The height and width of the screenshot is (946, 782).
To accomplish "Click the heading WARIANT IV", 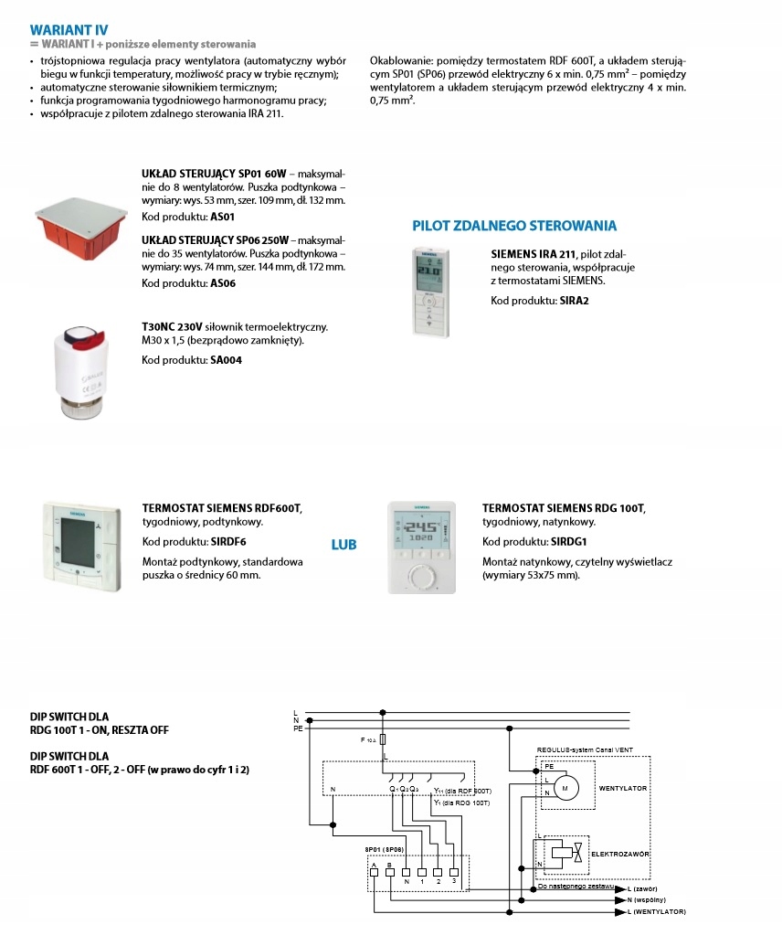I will click(x=69, y=28).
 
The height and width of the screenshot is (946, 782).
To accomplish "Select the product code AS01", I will click(x=224, y=218).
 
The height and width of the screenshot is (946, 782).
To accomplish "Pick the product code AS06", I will click(x=224, y=283).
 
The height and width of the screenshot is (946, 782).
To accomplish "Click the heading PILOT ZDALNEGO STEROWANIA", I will click(x=514, y=226).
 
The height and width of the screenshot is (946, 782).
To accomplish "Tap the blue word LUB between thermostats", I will click(x=343, y=545).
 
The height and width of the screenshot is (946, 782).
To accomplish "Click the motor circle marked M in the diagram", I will click(x=563, y=786).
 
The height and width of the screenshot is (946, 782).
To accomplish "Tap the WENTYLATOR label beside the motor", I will click(x=624, y=786).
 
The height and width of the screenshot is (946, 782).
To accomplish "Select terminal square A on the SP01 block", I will click(x=374, y=872).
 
